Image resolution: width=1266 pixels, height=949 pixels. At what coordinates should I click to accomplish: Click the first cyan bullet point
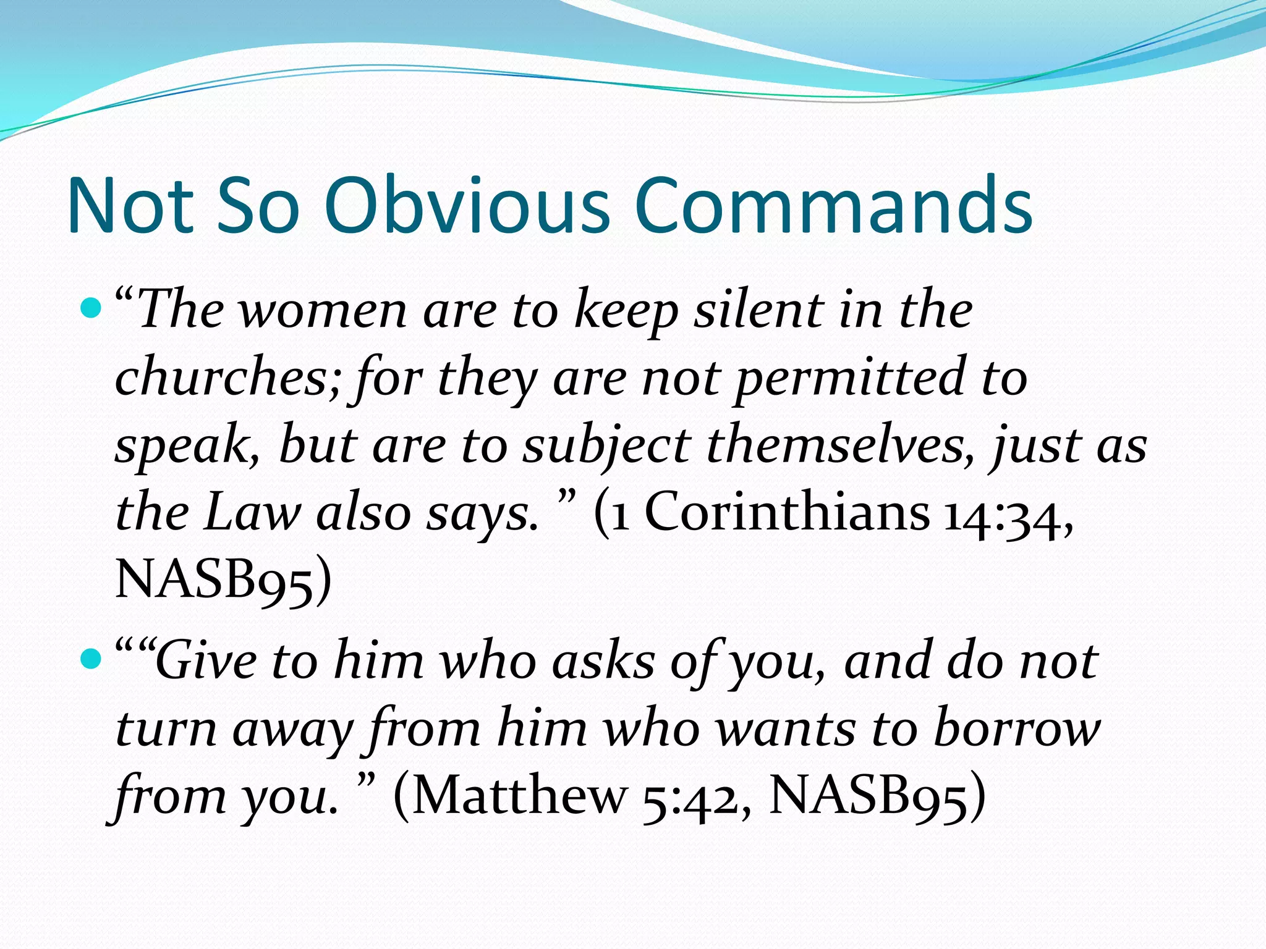90,307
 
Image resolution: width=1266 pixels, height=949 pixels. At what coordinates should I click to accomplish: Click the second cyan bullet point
90,659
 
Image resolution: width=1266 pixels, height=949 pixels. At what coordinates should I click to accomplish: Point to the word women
323,311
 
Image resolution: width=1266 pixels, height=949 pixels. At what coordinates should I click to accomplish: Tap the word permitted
850,378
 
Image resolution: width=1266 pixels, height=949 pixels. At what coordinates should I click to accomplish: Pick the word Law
252,513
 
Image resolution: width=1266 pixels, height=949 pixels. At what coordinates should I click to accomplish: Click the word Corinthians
787,513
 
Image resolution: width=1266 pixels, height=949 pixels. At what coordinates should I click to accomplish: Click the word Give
206,661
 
